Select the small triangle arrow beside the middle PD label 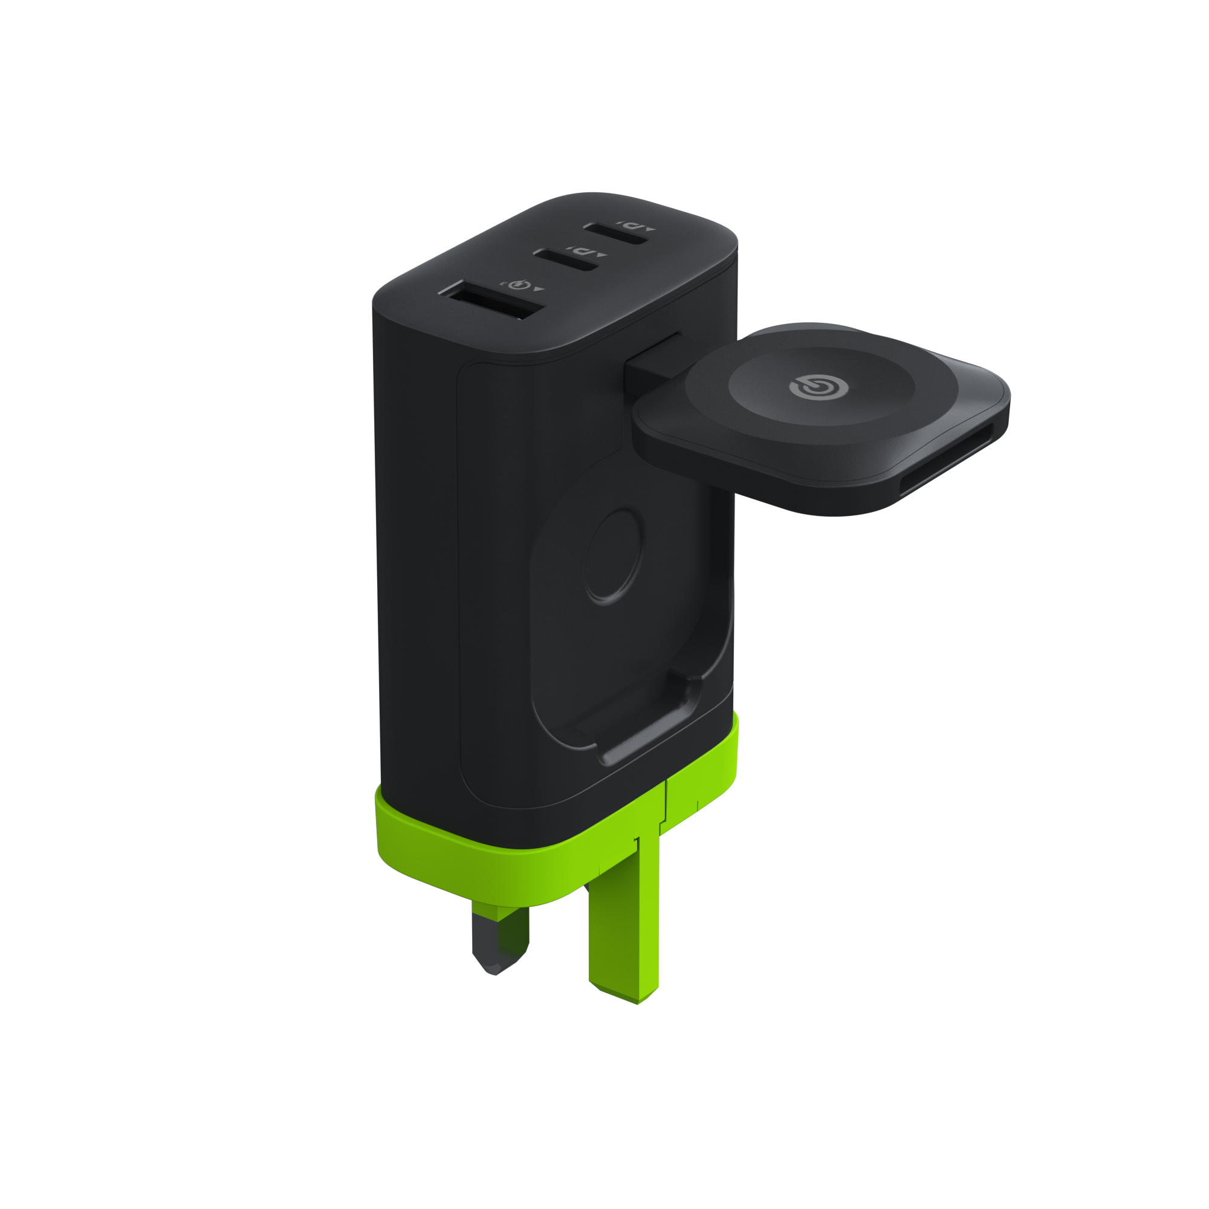(603, 255)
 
